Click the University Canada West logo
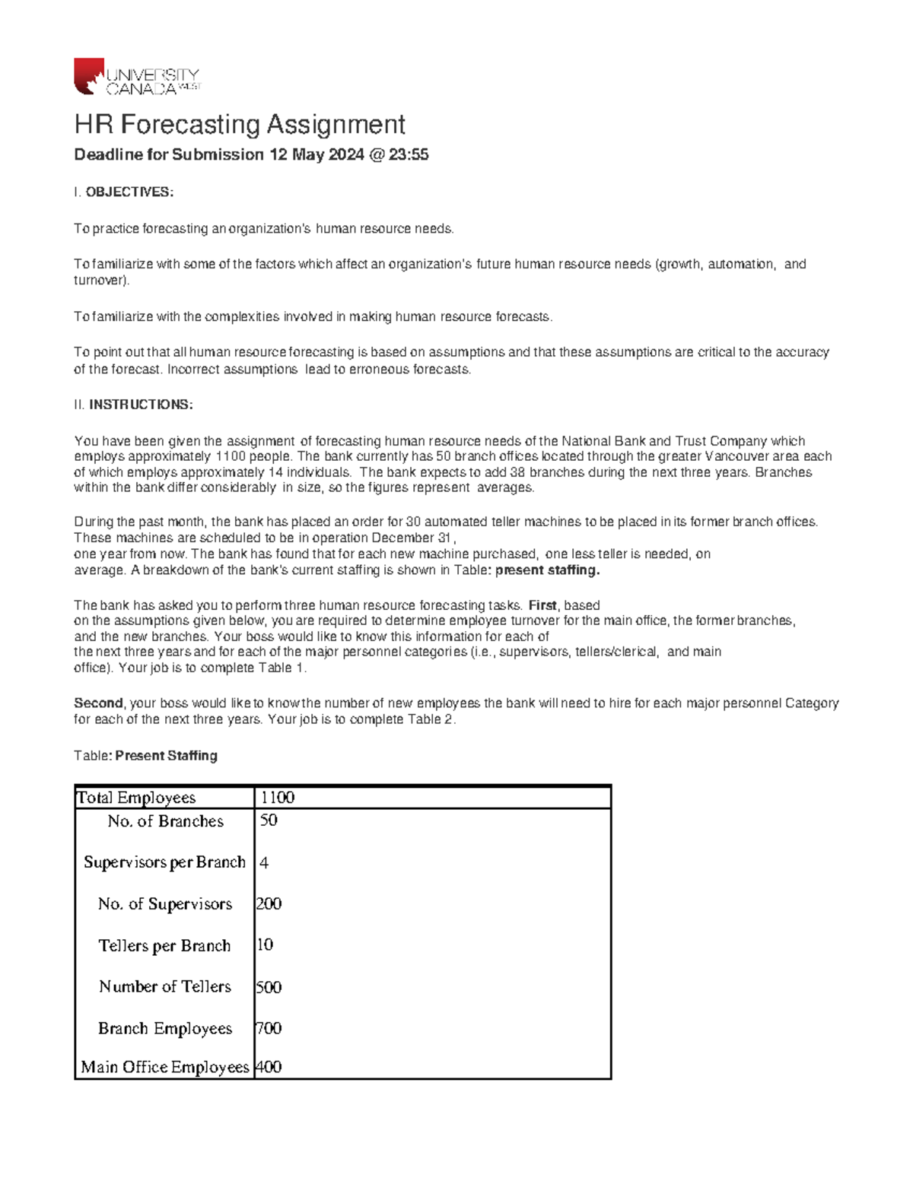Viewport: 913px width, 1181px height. [x=137, y=77]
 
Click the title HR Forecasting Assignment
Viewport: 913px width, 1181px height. [x=239, y=124]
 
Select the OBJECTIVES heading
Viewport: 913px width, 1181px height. [x=129, y=192]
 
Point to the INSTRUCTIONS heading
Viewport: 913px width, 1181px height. [x=141, y=405]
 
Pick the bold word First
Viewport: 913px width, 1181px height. [x=542, y=605]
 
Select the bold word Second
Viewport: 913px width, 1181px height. [x=97, y=703]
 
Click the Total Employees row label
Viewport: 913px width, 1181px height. [x=137, y=798]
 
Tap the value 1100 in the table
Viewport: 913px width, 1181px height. [x=277, y=798]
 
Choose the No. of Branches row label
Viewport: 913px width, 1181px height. [x=165, y=821]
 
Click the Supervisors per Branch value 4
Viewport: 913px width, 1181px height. [x=264, y=863]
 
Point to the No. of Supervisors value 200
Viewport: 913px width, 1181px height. [x=269, y=904]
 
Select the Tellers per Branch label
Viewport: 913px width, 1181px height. [x=164, y=946]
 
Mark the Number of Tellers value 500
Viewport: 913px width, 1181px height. [x=269, y=987]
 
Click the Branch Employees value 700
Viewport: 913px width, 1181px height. [x=269, y=1029]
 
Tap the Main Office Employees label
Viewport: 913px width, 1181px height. [x=165, y=1068]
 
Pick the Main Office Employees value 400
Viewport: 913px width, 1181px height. [x=269, y=1068]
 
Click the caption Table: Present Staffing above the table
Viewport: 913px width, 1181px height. [x=145, y=756]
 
